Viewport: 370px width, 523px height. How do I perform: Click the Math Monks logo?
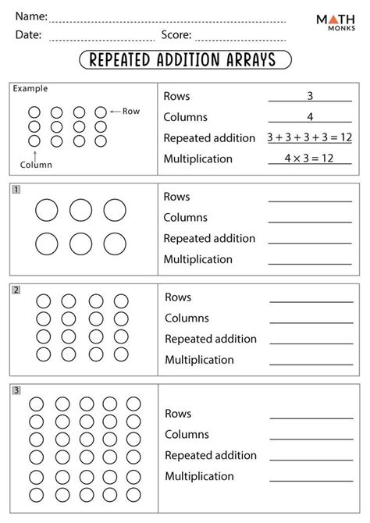click(x=336, y=23)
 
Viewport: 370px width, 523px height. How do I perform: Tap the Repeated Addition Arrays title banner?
click(x=185, y=60)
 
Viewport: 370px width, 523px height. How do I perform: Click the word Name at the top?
click(x=30, y=16)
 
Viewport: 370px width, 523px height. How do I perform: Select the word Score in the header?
click(x=176, y=34)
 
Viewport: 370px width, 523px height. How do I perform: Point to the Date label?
click(x=27, y=34)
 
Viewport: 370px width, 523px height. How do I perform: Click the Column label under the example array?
click(x=35, y=165)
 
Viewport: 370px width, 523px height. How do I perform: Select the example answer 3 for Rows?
click(x=309, y=96)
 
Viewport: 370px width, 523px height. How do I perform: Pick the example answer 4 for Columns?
click(x=309, y=117)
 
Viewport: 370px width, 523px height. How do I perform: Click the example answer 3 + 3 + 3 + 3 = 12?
click(x=309, y=137)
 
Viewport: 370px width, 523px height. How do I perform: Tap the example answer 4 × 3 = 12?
click(x=309, y=158)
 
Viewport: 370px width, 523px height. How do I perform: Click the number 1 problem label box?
click(x=16, y=189)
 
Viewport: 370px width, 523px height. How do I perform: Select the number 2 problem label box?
click(x=16, y=290)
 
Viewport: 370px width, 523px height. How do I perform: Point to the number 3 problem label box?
click(x=16, y=390)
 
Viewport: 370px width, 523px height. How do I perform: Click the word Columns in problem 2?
click(x=187, y=318)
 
